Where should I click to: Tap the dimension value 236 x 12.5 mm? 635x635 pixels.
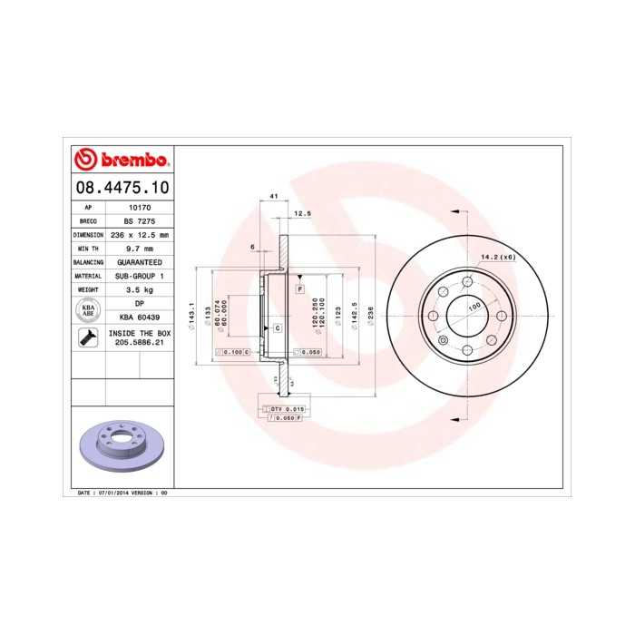pyautogui.click(x=140, y=235)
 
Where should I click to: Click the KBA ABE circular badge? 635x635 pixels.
pyautogui.click(x=89, y=310)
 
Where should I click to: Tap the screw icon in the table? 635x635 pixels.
pyautogui.click(x=89, y=338)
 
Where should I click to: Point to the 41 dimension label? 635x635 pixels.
pyautogui.click(x=272, y=197)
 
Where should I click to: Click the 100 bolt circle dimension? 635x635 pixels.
pyautogui.click(x=474, y=308)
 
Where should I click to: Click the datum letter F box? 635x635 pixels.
pyautogui.click(x=298, y=288)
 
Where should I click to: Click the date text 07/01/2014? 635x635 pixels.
pyautogui.click(x=109, y=492)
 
